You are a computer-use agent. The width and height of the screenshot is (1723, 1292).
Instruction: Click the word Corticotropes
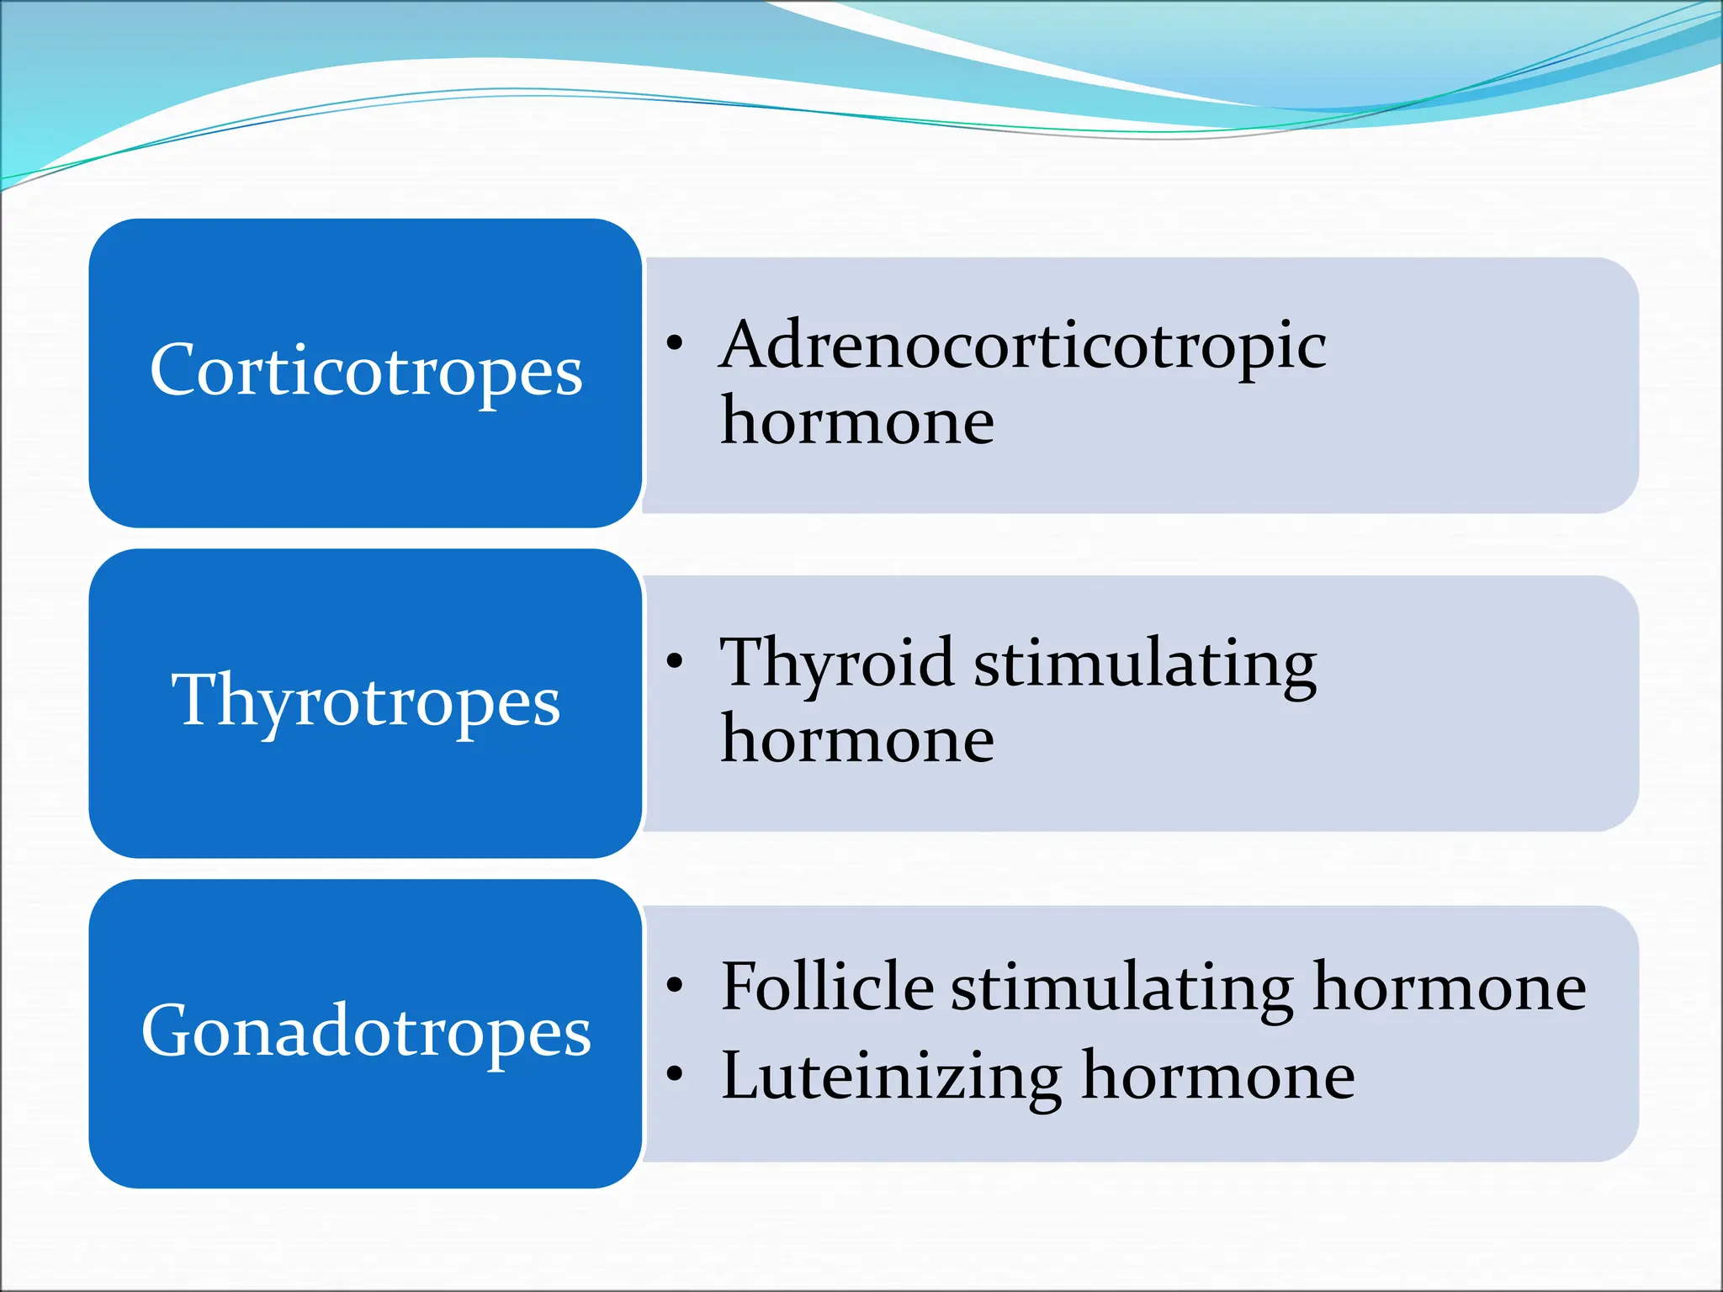point(366,371)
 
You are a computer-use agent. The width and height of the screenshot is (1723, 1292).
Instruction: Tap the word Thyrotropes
point(366,701)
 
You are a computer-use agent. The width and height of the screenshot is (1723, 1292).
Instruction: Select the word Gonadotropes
point(366,1031)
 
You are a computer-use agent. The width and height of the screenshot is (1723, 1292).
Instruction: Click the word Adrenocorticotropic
point(1023,346)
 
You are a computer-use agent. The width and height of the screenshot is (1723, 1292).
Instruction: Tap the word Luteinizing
point(892,1076)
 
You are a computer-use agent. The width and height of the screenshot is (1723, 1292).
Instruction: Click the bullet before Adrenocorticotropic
point(675,342)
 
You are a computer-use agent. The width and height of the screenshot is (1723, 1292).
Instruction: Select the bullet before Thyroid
point(675,661)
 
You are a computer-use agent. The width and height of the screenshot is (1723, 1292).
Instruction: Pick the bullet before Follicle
point(675,984)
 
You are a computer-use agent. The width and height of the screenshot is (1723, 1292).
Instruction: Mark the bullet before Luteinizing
point(675,1073)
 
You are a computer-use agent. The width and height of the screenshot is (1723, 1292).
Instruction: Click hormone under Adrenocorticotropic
point(857,421)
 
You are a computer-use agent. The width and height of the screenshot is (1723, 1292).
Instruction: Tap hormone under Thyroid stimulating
point(857,739)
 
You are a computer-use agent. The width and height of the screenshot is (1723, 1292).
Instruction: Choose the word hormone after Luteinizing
point(1218,1076)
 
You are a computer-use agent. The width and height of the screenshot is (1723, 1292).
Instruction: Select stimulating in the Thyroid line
point(1145,665)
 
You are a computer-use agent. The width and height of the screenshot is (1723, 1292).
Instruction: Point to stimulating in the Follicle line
point(1122,988)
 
